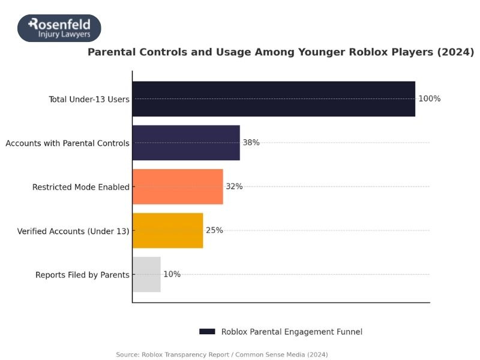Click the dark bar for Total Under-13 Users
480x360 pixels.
click(x=274, y=99)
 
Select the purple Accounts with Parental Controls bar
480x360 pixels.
click(x=186, y=143)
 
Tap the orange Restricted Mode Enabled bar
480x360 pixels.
click(x=178, y=187)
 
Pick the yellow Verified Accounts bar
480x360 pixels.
click(x=167, y=230)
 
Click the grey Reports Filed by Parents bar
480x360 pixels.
click(x=146, y=275)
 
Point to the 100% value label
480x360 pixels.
click(x=430, y=99)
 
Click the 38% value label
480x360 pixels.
click(x=251, y=143)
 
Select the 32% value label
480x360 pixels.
click(x=234, y=187)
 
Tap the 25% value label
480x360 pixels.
click(x=214, y=230)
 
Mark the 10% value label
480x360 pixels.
click(x=172, y=275)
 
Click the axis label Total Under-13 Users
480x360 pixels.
click(x=89, y=100)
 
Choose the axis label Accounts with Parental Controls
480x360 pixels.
click(x=67, y=143)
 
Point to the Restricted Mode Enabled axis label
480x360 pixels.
click(x=80, y=187)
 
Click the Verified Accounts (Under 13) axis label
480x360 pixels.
click(x=73, y=231)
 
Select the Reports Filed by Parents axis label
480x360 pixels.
click(x=82, y=275)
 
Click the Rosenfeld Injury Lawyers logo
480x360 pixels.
click(x=59, y=28)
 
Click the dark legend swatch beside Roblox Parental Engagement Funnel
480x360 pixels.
click(x=207, y=332)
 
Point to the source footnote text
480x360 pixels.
click(x=222, y=355)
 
